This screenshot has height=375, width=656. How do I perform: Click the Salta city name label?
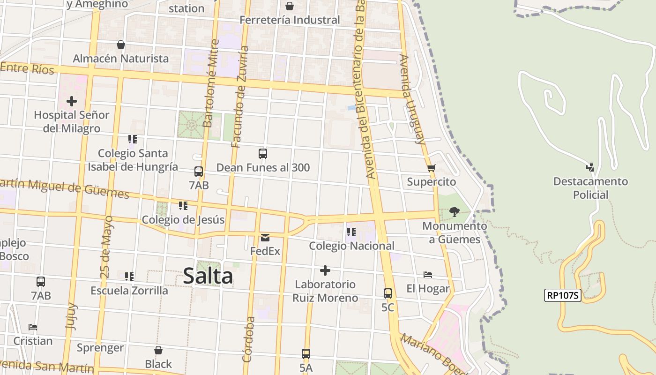[x=208, y=276]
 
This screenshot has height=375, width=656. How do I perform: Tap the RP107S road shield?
[x=562, y=295]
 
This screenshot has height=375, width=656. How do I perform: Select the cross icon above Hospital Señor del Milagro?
[x=72, y=101]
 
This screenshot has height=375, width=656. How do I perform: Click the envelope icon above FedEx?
[x=265, y=238]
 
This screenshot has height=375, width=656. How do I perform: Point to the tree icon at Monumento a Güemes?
[x=454, y=212]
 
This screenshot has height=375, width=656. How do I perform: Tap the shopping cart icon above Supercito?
[x=432, y=168]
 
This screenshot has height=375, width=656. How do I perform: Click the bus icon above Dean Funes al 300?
[x=263, y=154]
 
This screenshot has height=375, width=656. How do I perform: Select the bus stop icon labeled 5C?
[x=388, y=294]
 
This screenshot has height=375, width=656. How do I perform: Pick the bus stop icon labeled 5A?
[x=306, y=354]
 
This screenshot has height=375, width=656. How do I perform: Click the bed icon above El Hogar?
[x=427, y=275]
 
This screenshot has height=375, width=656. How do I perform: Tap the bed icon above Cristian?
[x=32, y=327]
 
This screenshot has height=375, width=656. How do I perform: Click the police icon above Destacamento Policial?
[x=590, y=167]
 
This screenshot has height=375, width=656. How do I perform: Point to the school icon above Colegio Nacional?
[x=351, y=232]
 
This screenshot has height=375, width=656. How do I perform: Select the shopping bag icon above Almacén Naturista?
[x=121, y=45]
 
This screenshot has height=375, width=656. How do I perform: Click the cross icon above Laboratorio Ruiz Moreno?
[x=325, y=270]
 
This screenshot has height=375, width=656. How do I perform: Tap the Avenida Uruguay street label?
[x=412, y=99]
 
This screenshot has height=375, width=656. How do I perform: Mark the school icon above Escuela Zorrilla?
[x=129, y=277]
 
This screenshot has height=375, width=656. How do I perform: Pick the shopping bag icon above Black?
[x=158, y=350]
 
